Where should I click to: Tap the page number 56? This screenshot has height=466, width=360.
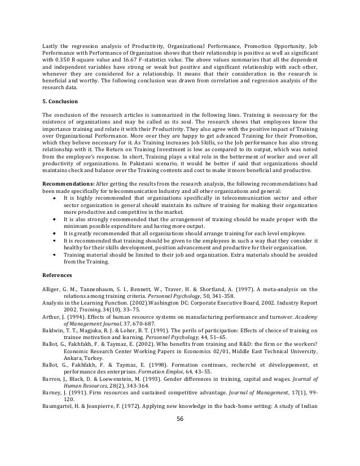pyautogui.click(x=180, y=450)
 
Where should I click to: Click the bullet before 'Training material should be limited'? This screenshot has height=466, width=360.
pyautogui.click(x=54, y=254)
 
